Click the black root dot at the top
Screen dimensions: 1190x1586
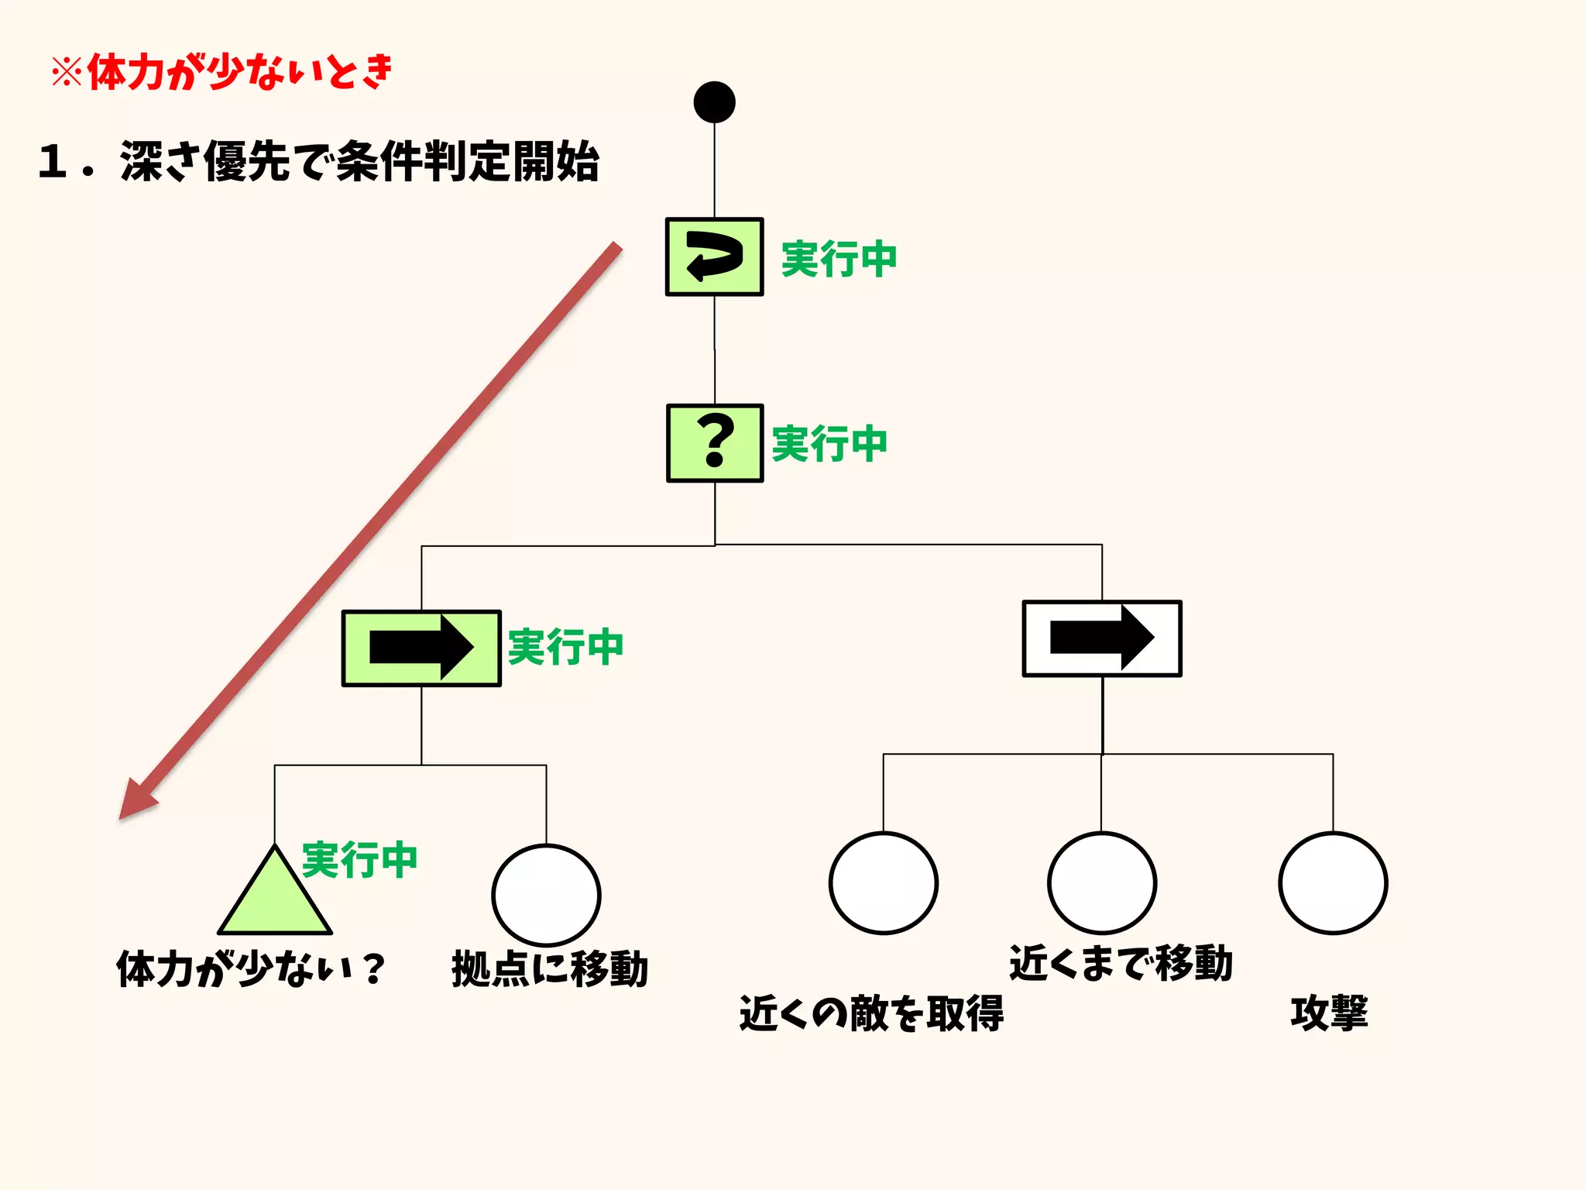point(714,102)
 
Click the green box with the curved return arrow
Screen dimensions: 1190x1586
point(714,256)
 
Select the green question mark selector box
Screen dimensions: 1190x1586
point(715,443)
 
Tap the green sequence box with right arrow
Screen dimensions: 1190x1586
point(421,648)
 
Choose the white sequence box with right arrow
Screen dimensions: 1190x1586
point(1101,638)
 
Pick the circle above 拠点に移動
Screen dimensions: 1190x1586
point(546,895)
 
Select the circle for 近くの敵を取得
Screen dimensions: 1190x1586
point(883,883)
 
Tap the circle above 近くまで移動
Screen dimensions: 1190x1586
point(1101,883)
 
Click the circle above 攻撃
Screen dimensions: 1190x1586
point(1332,883)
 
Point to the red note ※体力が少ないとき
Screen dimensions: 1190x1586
point(223,72)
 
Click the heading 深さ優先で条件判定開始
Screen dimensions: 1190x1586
point(319,162)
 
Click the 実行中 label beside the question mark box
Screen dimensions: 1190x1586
point(829,444)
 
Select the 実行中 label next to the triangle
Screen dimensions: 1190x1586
point(359,860)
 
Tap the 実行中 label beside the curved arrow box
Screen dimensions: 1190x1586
point(839,258)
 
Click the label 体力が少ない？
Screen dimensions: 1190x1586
point(251,969)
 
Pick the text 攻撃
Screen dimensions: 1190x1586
point(1329,1013)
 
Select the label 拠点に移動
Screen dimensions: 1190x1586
point(550,969)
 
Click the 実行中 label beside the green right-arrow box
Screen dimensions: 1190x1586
point(565,647)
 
